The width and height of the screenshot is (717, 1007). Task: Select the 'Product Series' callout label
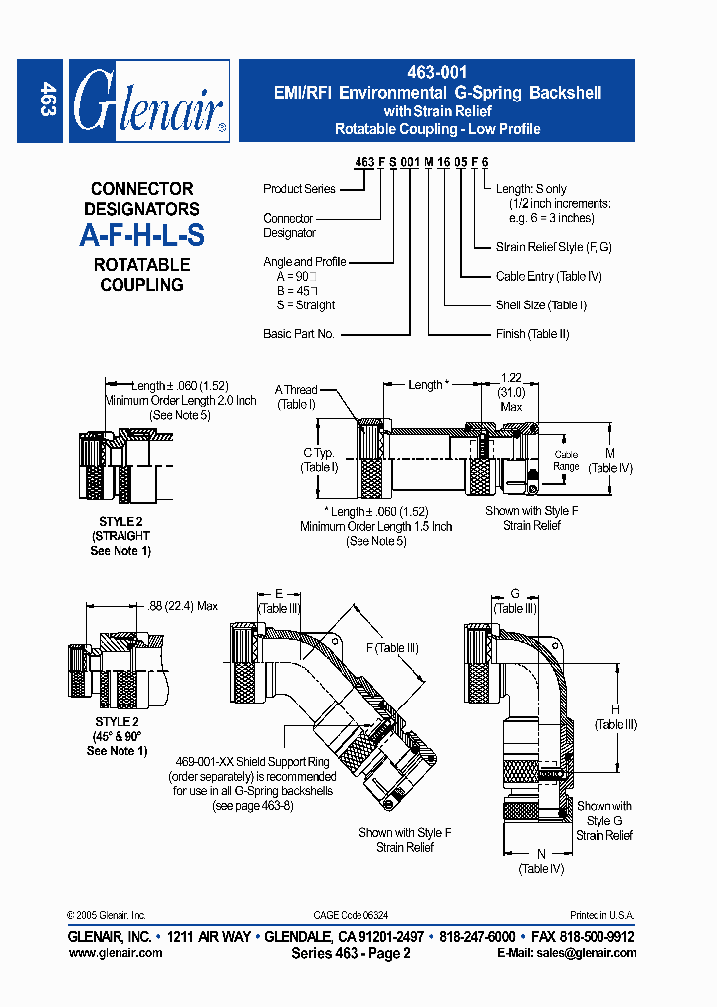point(299,189)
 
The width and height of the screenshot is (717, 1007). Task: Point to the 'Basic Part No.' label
point(298,334)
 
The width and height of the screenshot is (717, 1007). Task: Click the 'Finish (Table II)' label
point(532,334)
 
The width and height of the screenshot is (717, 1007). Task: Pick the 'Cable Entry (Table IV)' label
point(549,276)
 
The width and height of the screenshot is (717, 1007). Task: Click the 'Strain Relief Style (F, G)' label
point(554,247)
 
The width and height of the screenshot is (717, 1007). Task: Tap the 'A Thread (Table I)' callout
point(296,397)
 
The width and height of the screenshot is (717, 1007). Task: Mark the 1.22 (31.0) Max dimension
point(511,392)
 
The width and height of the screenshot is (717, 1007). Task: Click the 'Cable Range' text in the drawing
point(566,460)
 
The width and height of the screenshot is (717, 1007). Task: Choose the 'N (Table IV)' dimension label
point(541,861)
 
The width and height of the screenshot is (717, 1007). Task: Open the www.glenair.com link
point(115,952)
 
